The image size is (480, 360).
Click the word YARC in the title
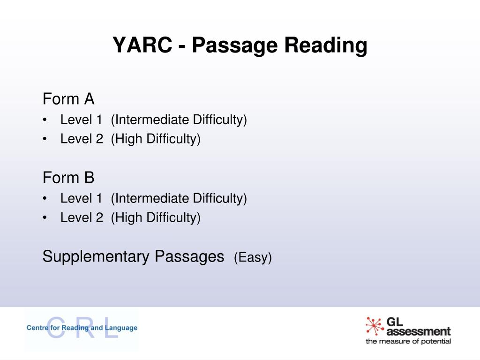pyautogui.click(x=142, y=45)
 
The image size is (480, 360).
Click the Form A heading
pyautogui.click(x=68, y=99)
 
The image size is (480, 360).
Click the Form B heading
pyautogui.click(x=68, y=178)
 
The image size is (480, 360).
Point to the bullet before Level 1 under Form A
pyautogui.click(x=45, y=120)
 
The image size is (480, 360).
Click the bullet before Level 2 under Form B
pyautogui.click(x=45, y=217)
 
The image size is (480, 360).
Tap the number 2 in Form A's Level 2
pyautogui.click(x=99, y=139)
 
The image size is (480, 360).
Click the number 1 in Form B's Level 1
pyautogui.click(x=99, y=198)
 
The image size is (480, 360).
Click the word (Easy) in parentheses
pyautogui.click(x=253, y=257)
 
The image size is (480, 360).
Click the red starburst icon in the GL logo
pyautogui.click(x=375, y=326)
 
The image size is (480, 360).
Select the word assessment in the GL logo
pyautogui.click(x=419, y=331)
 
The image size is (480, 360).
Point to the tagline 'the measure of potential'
pyautogui.click(x=408, y=341)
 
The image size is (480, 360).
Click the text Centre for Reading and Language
pyautogui.click(x=82, y=328)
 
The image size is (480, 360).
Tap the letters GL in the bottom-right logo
pyautogui.click(x=395, y=322)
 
